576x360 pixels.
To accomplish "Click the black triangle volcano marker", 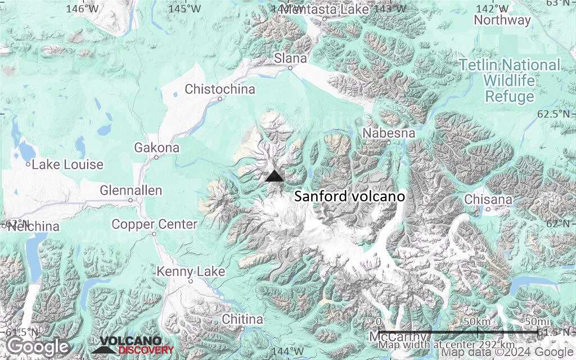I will point(274,176).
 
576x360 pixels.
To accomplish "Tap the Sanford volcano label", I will point(350,197).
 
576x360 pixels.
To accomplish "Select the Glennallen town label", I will point(131,191).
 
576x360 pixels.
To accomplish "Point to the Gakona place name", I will point(157,148).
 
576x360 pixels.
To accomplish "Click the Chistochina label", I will point(220,89).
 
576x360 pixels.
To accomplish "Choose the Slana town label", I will point(290,58).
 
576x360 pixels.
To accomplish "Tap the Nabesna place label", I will point(389,133).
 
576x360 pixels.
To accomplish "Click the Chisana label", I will point(489,200).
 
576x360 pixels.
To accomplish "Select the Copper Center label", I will point(155,224).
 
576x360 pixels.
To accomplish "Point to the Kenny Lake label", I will point(191,272).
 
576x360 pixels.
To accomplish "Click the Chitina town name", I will point(242,319).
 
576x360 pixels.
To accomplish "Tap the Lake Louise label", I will point(67,165).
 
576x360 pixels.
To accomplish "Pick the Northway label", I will point(502,20).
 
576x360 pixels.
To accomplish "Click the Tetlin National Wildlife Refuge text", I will point(510,80).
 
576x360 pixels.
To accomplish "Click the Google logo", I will point(38,346).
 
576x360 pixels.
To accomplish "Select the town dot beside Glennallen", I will point(130,200).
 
